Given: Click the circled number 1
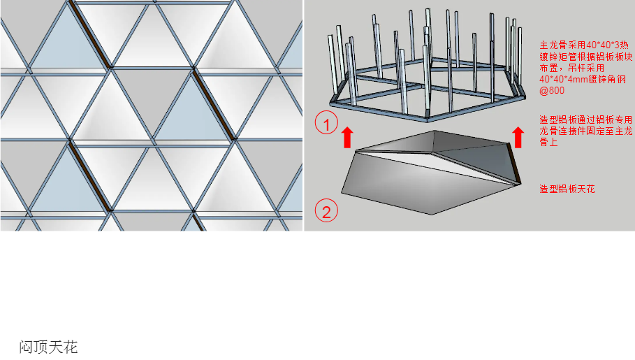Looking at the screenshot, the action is [326, 122].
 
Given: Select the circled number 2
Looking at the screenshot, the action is [326, 211].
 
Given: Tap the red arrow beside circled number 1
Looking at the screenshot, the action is [347, 137].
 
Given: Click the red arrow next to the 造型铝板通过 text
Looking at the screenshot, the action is [518, 137].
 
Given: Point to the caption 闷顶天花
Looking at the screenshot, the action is [48, 347].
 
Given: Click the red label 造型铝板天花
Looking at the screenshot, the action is [567, 189].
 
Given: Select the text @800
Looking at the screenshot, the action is [552, 90].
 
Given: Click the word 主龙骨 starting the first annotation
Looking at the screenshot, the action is [553, 45].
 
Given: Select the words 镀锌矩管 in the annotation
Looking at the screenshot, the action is [558, 57].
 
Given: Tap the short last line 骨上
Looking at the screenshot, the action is [548, 143].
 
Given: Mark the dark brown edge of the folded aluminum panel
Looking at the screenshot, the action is [514, 163].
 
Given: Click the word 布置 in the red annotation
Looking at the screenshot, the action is [548, 68].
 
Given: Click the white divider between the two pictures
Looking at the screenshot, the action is [303, 115].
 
